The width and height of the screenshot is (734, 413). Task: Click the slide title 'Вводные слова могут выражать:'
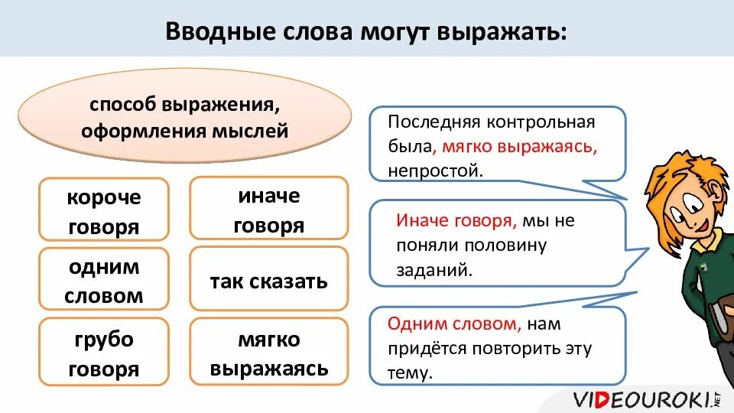pyautogui.click(x=367, y=33)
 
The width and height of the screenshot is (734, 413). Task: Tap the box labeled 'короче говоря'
pyautogui.click(x=104, y=211)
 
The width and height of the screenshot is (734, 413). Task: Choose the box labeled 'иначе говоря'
pyautogui.click(x=268, y=210)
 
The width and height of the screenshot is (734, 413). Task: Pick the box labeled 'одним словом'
pyautogui.click(x=104, y=281)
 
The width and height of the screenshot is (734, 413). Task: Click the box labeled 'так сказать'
pyautogui.click(x=268, y=281)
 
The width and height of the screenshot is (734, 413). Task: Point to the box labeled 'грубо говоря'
pyautogui.click(x=104, y=354)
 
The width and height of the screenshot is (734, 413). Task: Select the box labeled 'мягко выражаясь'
pyautogui.click(x=268, y=354)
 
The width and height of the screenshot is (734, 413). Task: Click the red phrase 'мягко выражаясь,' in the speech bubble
pyautogui.click(x=521, y=146)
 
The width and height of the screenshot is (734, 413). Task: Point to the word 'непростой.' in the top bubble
pyautogui.click(x=436, y=170)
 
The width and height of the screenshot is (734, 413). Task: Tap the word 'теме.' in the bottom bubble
pyautogui.click(x=411, y=373)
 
